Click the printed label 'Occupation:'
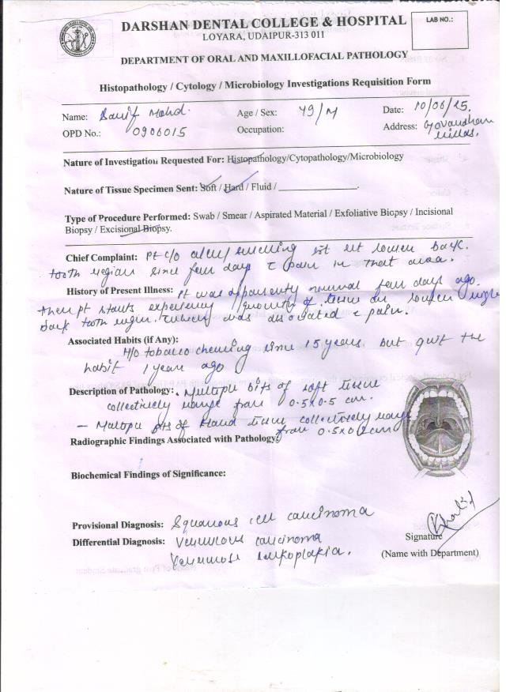[260, 129]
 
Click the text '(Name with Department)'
[429, 552]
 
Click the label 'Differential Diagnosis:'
[118, 542]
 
